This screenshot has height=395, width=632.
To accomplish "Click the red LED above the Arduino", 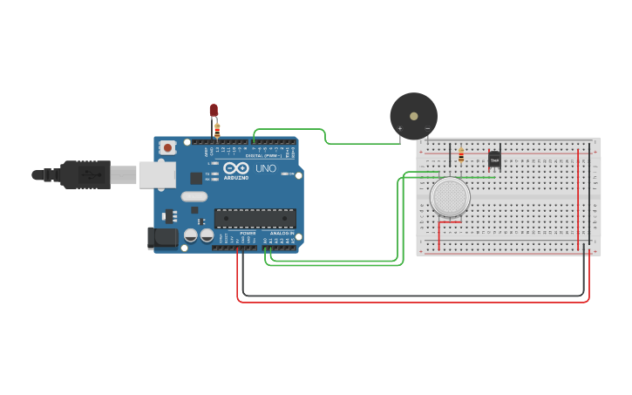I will point(214,110).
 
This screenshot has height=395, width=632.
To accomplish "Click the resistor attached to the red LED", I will point(217,129).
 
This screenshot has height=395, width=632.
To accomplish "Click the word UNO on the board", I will point(265,168).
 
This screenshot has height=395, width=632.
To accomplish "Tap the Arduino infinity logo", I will point(236,167).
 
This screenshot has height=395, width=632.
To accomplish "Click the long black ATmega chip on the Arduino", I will point(255,218).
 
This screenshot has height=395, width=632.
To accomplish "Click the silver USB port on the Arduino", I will point(157,174).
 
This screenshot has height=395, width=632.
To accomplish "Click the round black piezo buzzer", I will point(413,116).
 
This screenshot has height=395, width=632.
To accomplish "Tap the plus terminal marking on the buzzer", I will point(400,129).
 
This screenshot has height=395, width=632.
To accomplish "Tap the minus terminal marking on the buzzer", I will point(427,129).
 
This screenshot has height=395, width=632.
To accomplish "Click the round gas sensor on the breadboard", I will point(450,197).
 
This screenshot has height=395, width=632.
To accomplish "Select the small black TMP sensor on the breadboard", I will point(494,159).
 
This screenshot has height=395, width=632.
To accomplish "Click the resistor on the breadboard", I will point(461,157).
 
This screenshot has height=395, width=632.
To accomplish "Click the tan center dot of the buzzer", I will point(413,113).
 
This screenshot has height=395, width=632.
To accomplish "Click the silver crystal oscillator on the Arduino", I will point(194,196).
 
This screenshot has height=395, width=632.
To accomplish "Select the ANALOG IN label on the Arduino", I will point(280,234).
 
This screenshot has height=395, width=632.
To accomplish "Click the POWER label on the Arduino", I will point(248,234).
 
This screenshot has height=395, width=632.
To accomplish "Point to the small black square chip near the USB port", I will point(196,178).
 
